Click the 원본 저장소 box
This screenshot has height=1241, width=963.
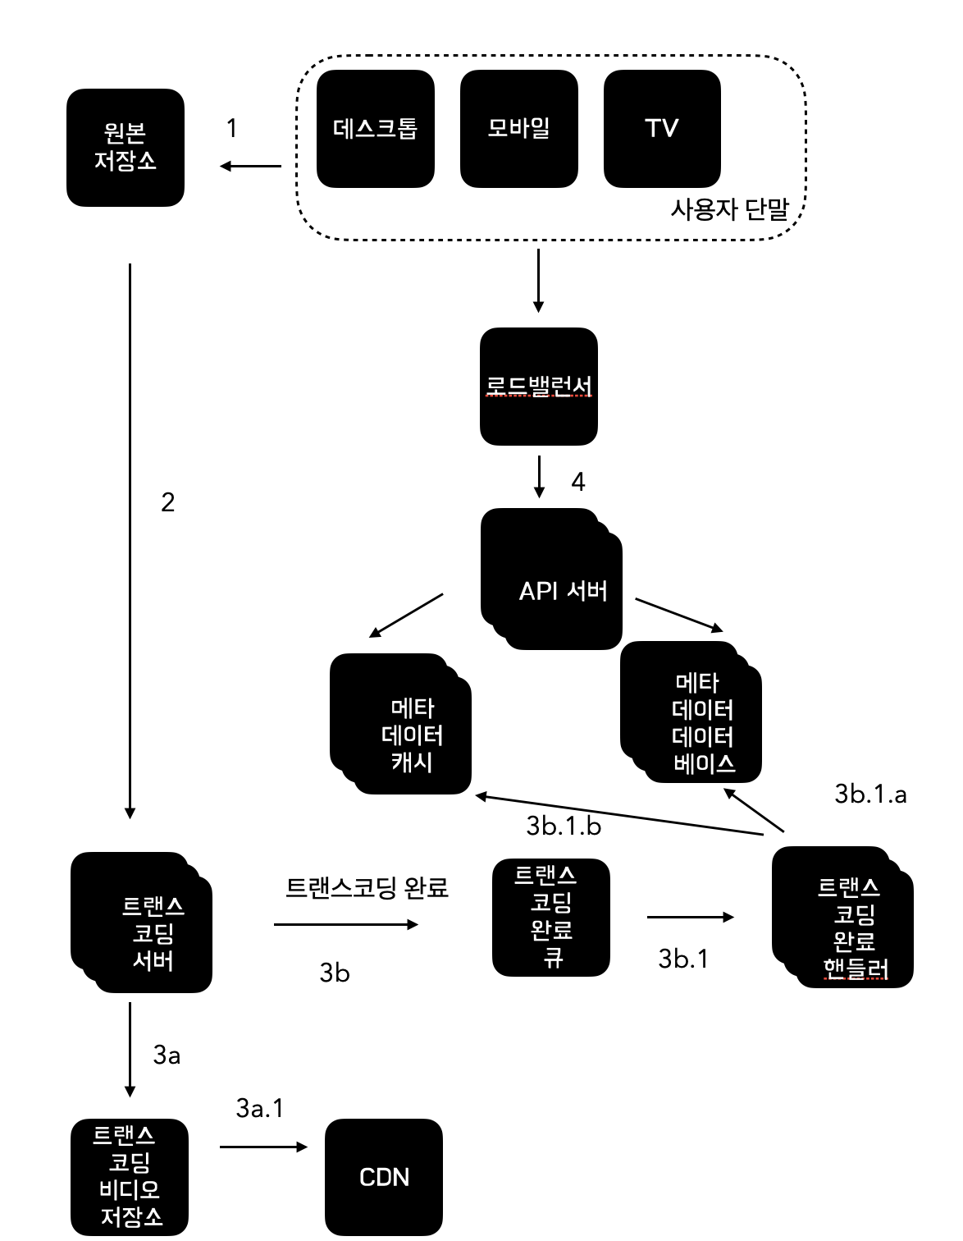126,148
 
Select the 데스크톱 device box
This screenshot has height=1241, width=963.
375,129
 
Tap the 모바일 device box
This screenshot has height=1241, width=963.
518,129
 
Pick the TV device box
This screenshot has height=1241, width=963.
662,129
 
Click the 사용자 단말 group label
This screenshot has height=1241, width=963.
729,210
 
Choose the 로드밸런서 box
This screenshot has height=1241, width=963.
538,387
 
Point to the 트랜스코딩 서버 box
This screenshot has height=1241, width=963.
141,923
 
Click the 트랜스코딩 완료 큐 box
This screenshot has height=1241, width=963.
550,917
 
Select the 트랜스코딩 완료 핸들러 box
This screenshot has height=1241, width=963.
842,917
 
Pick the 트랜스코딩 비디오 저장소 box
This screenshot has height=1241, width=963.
130,1176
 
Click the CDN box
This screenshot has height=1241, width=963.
384,1177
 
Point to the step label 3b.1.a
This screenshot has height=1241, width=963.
870,794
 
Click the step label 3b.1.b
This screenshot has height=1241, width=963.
564,826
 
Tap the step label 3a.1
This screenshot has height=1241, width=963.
259,1108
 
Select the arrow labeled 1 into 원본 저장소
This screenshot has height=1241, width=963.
250,167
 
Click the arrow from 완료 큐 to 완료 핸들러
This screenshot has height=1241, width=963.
690,917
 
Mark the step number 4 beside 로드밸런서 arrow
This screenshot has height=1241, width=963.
578,481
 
